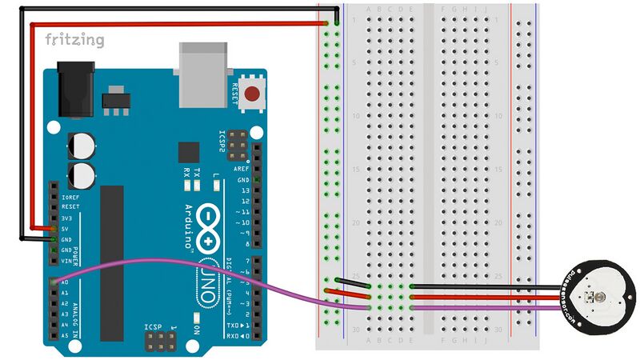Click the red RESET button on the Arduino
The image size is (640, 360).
pos(254,94)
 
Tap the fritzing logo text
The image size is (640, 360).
pos(74,40)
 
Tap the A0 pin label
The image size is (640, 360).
pos(65,282)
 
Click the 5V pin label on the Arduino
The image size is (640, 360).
pos(66,228)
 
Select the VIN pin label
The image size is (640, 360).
pos(67,261)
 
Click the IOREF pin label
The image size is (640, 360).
pos(70,196)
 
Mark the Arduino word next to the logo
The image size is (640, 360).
pos(189,227)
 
